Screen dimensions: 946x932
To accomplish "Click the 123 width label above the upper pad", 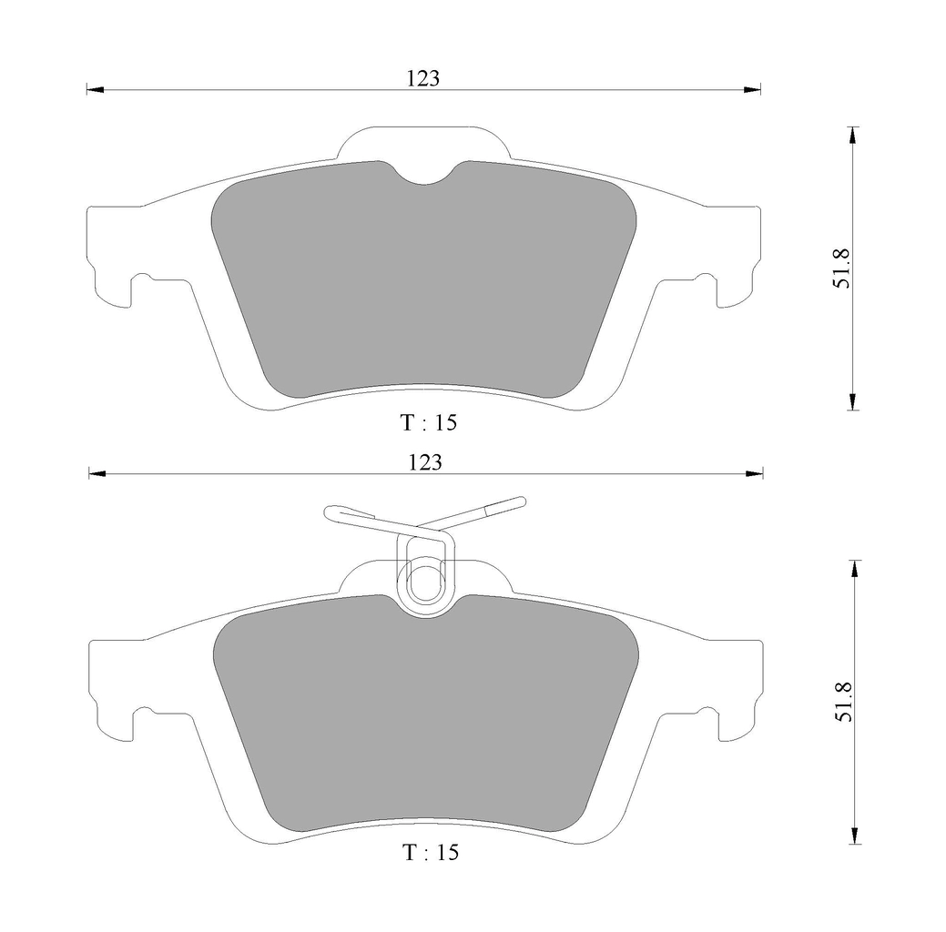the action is pyautogui.click(x=423, y=78).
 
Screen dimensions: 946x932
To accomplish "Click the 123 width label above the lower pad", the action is pyautogui.click(x=425, y=462).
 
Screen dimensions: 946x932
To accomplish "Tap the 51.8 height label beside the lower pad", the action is pyautogui.click(x=843, y=702).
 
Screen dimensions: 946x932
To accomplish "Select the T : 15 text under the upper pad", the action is pyautogui.click(x=429, y=422).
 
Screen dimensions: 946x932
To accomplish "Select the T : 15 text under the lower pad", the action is pyautogui.click(x=431, y=852).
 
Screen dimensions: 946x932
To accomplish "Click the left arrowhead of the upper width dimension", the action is pyautogui.click(x=96, y=90).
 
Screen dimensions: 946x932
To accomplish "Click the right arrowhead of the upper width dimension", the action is pyautogui.click(x=752, y=90).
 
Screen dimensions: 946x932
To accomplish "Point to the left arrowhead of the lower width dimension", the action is pyautogui.click(x=97, y=473).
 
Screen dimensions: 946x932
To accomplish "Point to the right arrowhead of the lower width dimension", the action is pyautogui.click(x=754, y=473).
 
